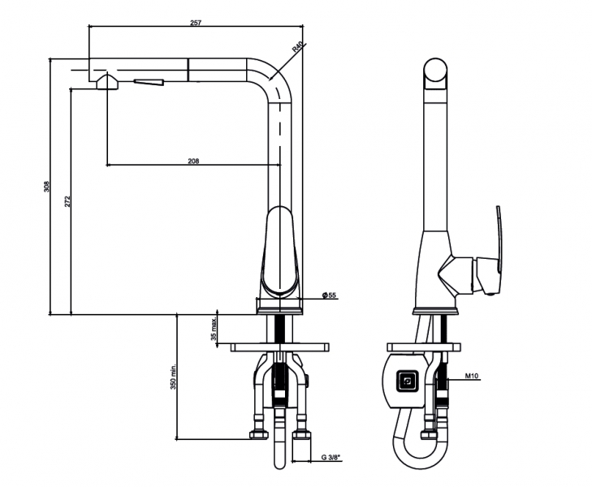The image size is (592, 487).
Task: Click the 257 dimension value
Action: coord(196,23)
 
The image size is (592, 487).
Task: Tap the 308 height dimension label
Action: coord(46,187)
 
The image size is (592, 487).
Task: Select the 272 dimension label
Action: coord(67,201)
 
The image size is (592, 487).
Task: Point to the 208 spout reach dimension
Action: coord(193,161)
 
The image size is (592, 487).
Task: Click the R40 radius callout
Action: coord(297,48)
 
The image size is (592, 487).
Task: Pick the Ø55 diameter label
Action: coord(329,295)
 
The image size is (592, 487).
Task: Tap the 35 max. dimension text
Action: coord(214,329)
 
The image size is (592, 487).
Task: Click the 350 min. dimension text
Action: coord(173,377)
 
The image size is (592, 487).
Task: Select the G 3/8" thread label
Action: coord(331,458)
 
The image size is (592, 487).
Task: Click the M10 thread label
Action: coord(472,376)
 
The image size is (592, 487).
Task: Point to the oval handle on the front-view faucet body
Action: coord(280,250)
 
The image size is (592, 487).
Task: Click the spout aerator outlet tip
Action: coord(108,81)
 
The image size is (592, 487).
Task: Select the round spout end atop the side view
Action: coord(435,70)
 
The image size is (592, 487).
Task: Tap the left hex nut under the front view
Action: coord(259,435)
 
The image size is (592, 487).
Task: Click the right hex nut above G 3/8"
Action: coord(301,435)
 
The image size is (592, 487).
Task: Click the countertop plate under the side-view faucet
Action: coord(424,347)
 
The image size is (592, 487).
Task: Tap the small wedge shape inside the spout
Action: coord(149,82)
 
